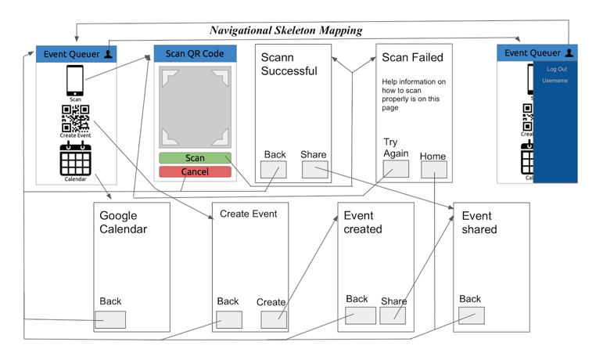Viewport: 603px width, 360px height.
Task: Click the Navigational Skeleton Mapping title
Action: tap(285, 31)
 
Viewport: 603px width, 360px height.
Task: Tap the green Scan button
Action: tap(195, 158)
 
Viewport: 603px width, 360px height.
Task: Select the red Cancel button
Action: tap(195, 171)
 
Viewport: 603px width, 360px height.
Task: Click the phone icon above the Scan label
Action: tap(75, 81)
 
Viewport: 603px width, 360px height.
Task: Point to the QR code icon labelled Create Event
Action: tap(75, 118)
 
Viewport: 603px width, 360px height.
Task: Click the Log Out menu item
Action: tap(557, 69)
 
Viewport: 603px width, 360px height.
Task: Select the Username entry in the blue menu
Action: tap(555, 81)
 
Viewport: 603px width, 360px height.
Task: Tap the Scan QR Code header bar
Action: tap(195, 54)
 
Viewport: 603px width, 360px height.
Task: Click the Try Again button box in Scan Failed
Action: tap(396, 168)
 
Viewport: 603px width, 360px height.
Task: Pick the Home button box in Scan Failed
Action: tap(434, 170)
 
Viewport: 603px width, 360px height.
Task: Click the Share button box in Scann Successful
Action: tap(314, 169)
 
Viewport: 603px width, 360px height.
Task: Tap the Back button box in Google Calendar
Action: tap(110, 319)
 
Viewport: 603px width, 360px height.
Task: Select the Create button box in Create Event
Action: tap(274, 319)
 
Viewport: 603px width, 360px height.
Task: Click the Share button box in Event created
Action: tap(393, 315)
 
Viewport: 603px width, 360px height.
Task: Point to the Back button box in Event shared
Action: tap(472, 315)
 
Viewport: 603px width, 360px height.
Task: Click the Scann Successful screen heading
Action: tap(289, 64)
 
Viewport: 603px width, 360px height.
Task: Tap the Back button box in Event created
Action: tap(361, 315)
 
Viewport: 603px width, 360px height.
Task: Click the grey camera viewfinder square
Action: tap(195, 107)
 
